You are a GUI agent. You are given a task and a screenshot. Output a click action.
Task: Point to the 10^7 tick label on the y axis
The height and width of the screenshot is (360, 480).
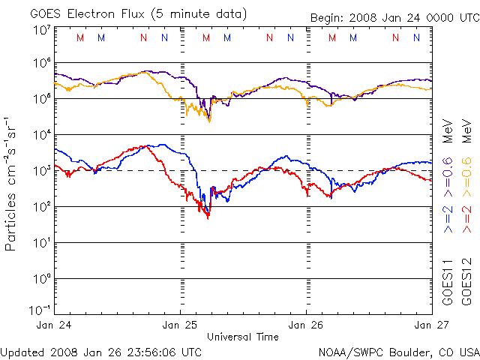41,30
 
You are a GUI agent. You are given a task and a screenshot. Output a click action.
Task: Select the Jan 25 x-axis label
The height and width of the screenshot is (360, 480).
181,325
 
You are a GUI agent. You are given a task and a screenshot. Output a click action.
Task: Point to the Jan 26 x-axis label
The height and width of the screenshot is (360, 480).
306,325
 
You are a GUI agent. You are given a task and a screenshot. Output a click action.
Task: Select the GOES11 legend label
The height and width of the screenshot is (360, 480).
448,282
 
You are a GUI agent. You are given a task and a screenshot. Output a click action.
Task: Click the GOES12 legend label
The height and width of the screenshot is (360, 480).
466,282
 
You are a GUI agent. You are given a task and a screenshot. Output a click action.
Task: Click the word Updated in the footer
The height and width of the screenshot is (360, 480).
21,351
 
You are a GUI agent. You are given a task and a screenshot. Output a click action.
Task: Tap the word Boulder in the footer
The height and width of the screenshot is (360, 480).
402,351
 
